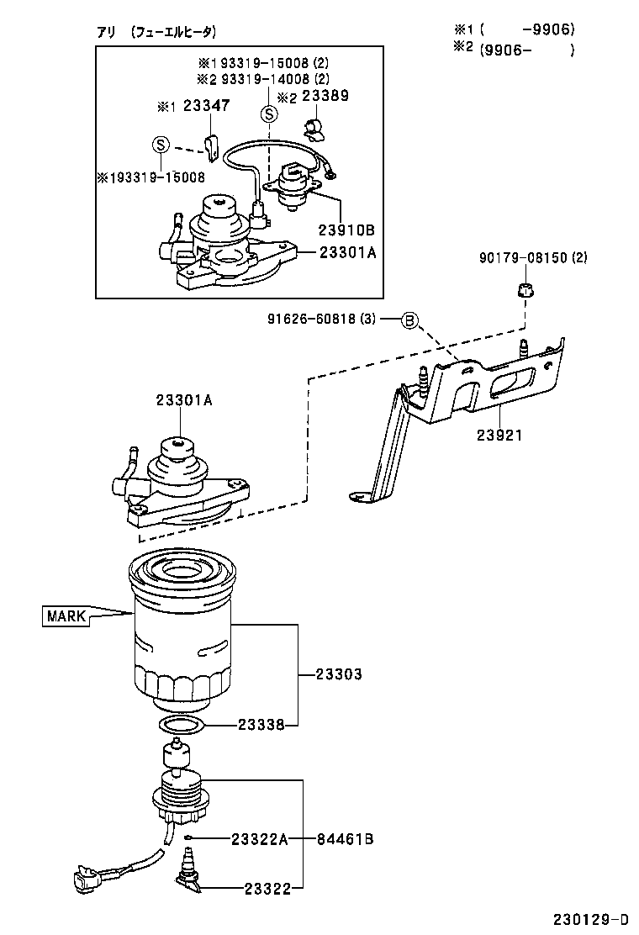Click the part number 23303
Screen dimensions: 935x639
(339, 674)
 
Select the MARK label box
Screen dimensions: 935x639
(66, 616)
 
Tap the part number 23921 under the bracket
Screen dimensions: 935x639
(499, 436)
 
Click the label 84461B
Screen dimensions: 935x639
(346, 838)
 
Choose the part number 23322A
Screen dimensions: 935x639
(260, 838)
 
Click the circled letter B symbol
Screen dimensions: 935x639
(409, 320)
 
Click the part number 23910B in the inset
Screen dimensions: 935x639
(345, 230)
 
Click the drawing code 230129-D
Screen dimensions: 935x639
(590, 918)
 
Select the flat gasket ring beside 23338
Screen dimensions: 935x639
(181, 725)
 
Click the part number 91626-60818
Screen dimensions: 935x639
(322, 320)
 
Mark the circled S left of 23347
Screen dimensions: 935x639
(161, 145)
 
